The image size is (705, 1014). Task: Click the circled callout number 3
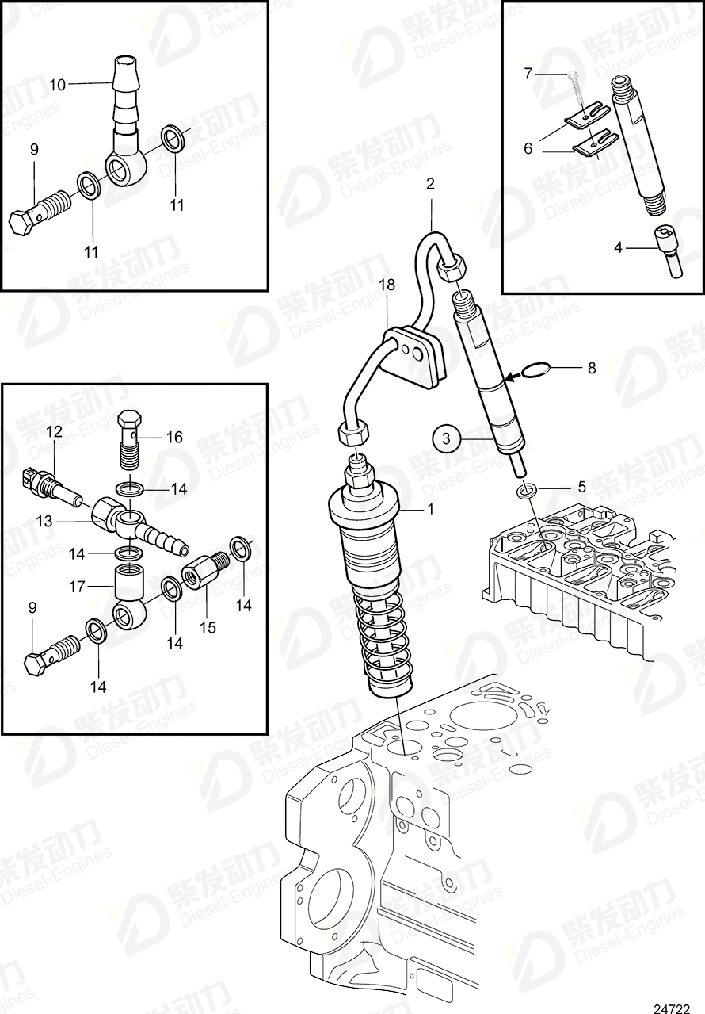pyautogui.click(x=446, y=437)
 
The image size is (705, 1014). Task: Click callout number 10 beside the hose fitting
pyautogui.click(x=59, y=83)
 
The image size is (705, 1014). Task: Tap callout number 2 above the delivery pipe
pyautogui.click(x=430, y=184)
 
